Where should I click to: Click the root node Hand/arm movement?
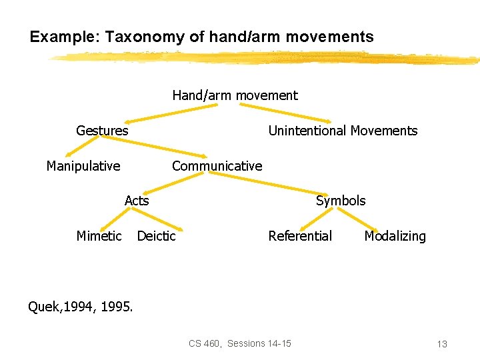coord(235,95)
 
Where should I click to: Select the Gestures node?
coord(102,131)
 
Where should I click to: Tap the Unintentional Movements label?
coord(343,131)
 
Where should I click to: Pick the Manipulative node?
coord(83,166)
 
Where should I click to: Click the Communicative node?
coord(217,166)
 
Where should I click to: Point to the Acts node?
coord(137,201)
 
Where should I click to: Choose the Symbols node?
coord(341,201)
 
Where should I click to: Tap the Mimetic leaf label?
coord(99,236)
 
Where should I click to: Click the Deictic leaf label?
coord(156,236)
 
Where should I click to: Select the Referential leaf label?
coord(300,236)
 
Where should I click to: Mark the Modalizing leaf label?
coord(395,236)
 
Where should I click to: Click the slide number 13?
coord(441,344)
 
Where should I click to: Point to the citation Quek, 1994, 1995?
coord(80,307)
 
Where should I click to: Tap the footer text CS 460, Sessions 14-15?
coord(239,343)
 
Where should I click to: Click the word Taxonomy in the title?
coord(141,37)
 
